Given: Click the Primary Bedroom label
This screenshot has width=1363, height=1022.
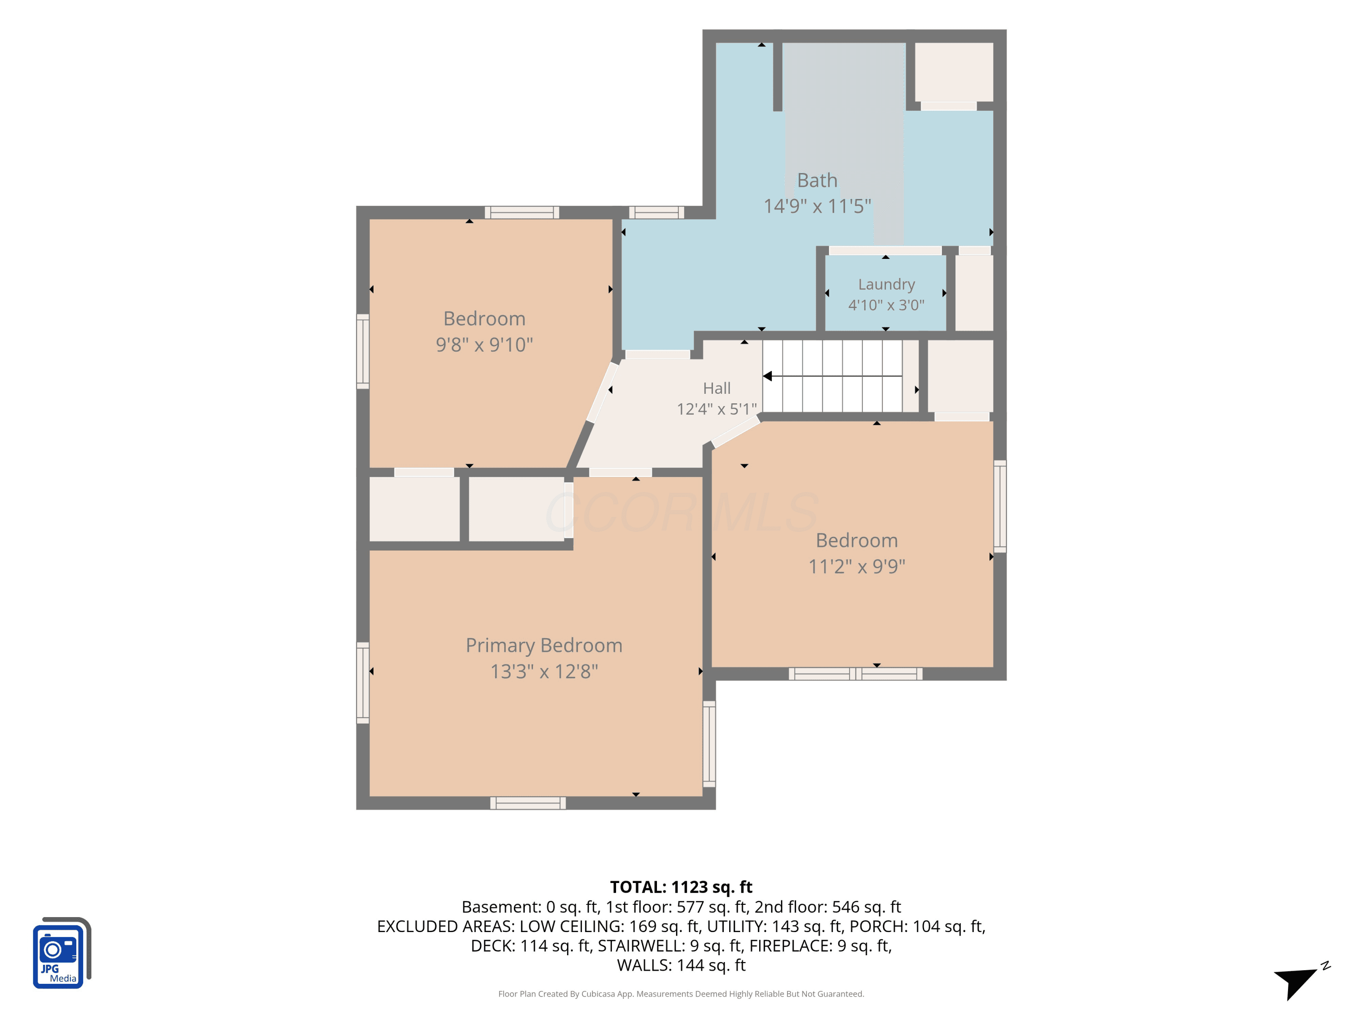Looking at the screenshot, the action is click(544, 645).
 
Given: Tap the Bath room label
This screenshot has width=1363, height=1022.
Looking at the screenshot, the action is click(817, 180).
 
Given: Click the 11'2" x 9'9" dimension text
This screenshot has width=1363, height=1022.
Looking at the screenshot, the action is click(856, 566).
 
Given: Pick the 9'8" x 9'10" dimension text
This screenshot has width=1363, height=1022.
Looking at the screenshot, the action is click(484, 344).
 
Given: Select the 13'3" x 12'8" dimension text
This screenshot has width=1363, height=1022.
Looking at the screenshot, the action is click(544, 671).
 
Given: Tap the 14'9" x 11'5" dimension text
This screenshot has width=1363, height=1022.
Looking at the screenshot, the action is click(817, 206).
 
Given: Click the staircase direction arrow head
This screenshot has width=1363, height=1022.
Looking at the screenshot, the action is click(768, 376).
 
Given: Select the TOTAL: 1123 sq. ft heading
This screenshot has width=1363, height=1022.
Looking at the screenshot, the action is click(681, 887).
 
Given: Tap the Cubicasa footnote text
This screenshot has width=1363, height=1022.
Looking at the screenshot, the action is click(681, 994).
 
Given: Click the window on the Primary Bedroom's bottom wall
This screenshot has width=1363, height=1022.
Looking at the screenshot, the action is click(528, 803).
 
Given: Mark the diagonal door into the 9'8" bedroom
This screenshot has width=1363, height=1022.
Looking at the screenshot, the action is click(602, 392).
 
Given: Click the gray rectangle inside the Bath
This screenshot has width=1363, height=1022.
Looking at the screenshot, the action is click(844, 144).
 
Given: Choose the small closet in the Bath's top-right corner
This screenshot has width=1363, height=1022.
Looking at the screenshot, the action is click(954, 72).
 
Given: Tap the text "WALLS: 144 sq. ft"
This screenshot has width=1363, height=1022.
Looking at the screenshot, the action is click(681, 965).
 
